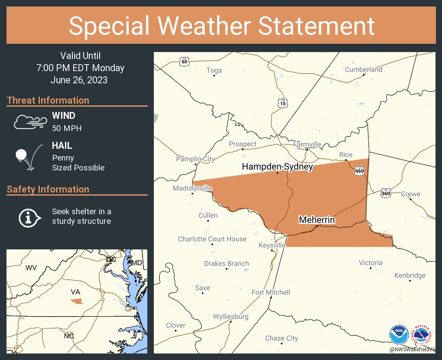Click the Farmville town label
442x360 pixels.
click(x=307, y=144)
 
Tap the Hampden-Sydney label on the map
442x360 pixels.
click(x=277, y=167)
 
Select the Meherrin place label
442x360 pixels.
click(x=317, y=220)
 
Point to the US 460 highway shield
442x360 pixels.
click(x=359, y=171)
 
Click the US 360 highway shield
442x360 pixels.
click(x=386, y=193)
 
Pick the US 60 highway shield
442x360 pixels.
click(x=185, y=62)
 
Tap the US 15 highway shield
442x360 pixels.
click(x=283, y=103)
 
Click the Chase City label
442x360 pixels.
click(x=281, y=338)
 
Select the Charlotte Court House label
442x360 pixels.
click(x=212, y=239)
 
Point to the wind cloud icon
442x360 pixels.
click(x=29, y=122)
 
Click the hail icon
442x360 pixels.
click(x=27, y=157)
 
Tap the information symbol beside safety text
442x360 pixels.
click(x=29, y=217)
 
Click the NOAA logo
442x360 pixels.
click(x=399, y=335)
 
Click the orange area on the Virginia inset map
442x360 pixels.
click(x=77, y=301)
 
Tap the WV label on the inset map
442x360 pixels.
click(x=31, y=268)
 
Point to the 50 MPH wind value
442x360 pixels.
click(x=67, y=128)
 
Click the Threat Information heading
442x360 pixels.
click(x=48, y=100)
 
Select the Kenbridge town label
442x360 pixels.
click(x=409, y=275)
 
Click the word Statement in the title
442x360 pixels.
click(x=316, y=26)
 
